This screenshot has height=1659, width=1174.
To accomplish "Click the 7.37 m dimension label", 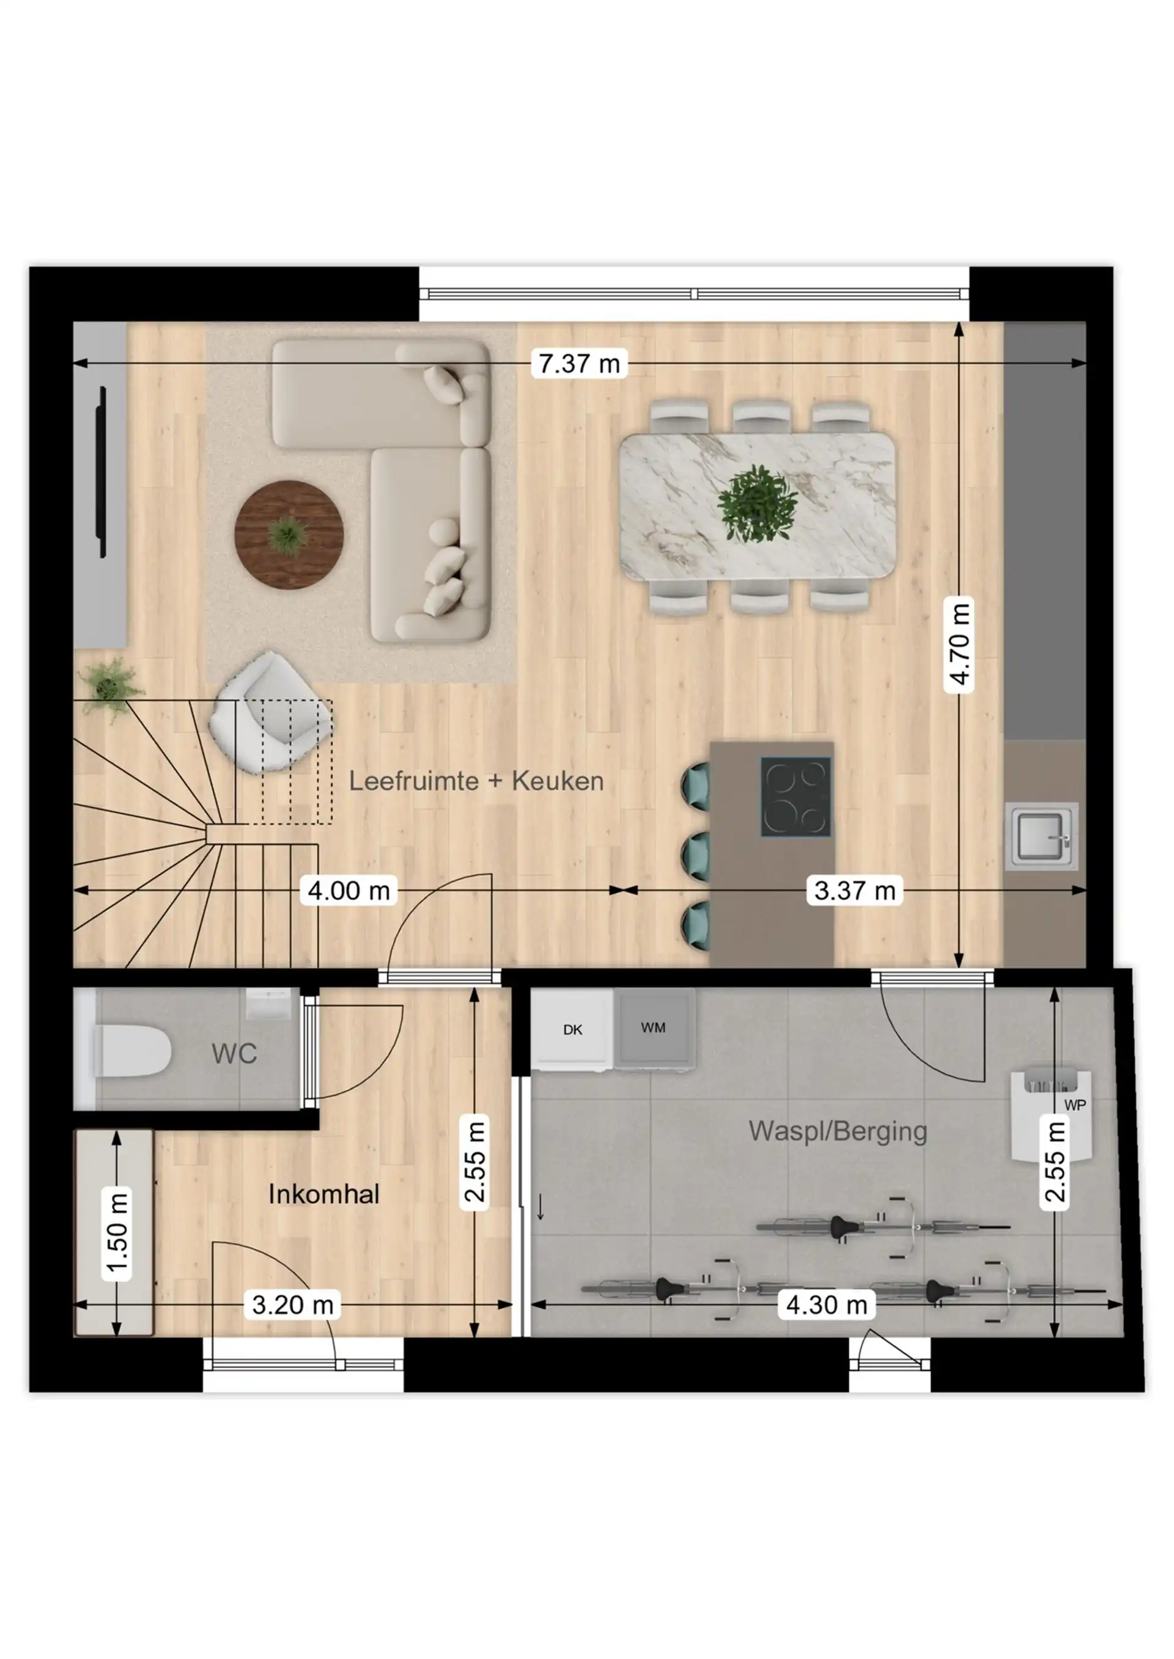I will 579,364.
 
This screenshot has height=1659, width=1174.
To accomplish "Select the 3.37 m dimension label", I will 854,890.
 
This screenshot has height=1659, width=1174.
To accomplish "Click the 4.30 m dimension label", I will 826,1305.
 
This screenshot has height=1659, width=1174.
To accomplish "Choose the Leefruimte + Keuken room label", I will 476,781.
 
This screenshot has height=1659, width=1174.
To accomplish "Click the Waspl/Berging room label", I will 838,1131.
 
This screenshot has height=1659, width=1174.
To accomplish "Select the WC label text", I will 234,1054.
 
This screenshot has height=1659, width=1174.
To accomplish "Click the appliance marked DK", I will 572,1029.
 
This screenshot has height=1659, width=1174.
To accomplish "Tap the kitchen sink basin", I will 1041,836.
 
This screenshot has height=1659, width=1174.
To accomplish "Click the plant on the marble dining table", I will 757,504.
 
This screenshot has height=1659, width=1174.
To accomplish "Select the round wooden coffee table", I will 289,535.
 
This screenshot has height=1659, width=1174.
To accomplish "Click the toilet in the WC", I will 130,1051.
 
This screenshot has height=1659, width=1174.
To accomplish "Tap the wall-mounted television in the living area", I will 103,472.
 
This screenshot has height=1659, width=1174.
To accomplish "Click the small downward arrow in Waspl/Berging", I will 540,1207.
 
